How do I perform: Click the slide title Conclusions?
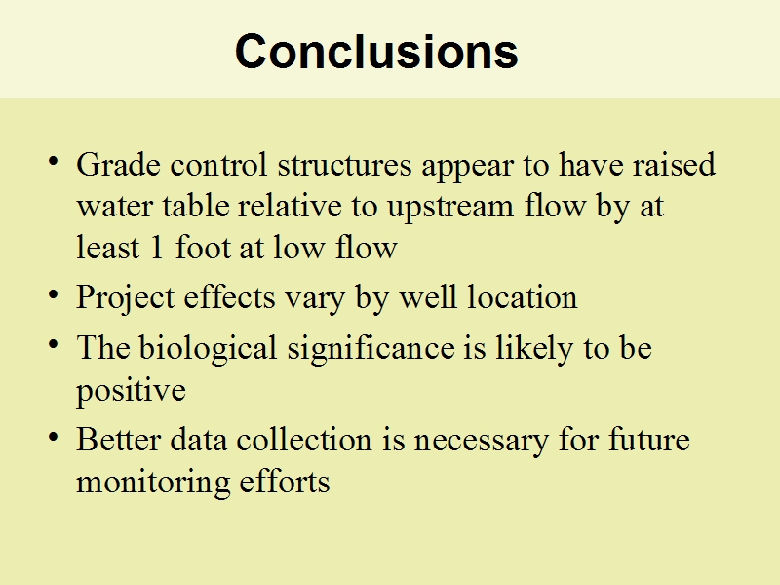376,52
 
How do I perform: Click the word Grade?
118,164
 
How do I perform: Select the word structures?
345,165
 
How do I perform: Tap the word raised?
674,164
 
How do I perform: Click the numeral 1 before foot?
157,248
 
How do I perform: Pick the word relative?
290,206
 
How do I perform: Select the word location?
523,297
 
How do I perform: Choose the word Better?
118,440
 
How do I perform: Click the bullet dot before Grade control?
54,161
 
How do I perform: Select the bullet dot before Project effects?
54,294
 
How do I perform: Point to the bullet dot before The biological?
54,344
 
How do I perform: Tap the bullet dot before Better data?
54,437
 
